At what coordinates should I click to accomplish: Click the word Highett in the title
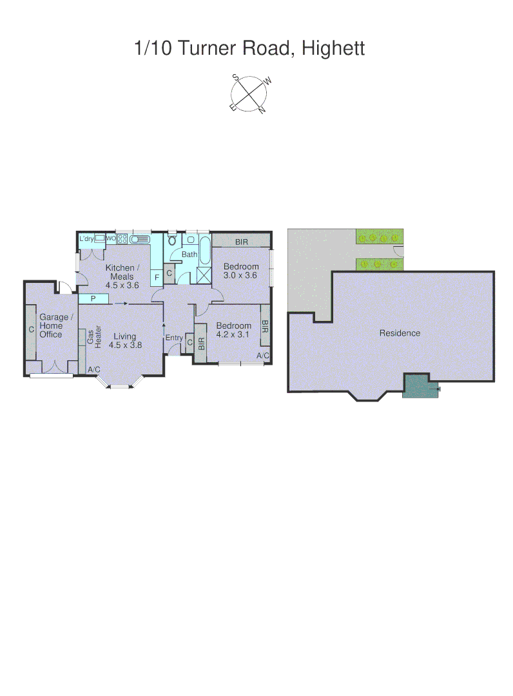pos(334,48)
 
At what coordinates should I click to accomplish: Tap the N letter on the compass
pos(262,110)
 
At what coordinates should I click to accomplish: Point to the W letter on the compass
pos(268,81)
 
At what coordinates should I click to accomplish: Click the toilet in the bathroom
pos(171,240)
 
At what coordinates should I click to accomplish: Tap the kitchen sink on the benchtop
pos(139,239)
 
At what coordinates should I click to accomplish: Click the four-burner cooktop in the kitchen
pos(122,238)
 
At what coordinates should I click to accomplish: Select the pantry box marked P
pos(93,298)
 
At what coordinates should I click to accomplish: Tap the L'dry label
pos(86,238)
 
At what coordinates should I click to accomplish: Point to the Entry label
pos(174,338)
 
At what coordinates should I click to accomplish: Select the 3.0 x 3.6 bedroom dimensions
pos(240,275)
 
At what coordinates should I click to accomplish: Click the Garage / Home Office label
pos(51,325)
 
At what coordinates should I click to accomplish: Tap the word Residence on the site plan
pos(400,333)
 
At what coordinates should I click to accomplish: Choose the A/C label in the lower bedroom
pos(263,356)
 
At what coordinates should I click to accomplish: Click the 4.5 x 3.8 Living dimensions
pos(125,345)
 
